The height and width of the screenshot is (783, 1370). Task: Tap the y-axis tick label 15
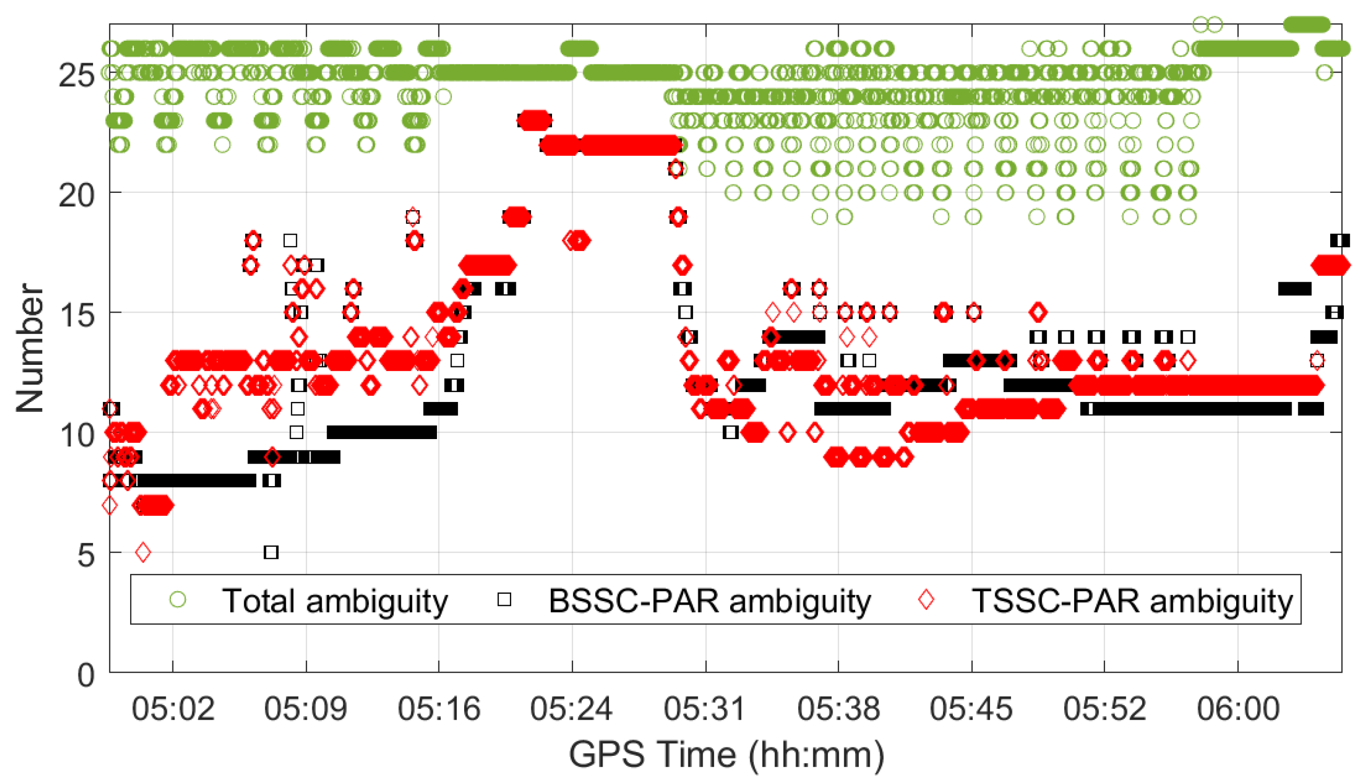[76, 315]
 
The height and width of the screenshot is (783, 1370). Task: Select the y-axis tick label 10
[76, 435]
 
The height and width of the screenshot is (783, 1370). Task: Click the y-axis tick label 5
[86, 555]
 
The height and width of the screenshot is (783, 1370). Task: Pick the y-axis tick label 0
[86, 675]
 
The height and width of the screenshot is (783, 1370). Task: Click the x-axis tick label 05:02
[173, 709]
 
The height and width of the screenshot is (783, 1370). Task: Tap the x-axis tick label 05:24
[571, 709]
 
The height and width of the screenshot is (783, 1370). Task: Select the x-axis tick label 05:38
[838, 709]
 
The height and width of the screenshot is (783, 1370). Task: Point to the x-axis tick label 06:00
[1238, 709]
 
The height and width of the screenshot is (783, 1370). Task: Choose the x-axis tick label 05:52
[1104, 709]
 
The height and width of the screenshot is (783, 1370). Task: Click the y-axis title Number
[30, 348]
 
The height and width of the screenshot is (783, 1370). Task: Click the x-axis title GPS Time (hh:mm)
[726, 754]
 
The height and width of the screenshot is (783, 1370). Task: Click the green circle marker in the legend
[178, 599]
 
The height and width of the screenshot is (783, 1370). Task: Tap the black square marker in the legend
[504, 599]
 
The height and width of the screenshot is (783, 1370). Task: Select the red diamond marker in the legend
[926, 599]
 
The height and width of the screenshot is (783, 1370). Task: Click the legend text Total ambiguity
[335, 600]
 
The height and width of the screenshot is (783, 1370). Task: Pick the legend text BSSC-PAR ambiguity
[709, 600]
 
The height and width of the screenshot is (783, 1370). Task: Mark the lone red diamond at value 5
[143, 552]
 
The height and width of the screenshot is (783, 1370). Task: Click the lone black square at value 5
[271, 552]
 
